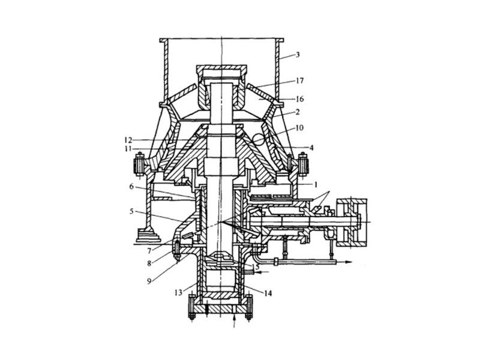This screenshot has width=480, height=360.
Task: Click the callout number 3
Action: [298, 55]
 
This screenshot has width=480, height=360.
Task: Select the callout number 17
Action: [300, 80]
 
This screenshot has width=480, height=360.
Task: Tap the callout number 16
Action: [300, 98]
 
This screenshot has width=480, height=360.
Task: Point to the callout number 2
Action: [298, 112]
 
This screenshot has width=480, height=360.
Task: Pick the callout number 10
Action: [300, 127]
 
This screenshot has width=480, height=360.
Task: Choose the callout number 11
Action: [128, 148]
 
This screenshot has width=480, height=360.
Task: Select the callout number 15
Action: [256, 266]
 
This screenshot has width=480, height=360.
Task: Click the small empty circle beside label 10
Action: [259, 139]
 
